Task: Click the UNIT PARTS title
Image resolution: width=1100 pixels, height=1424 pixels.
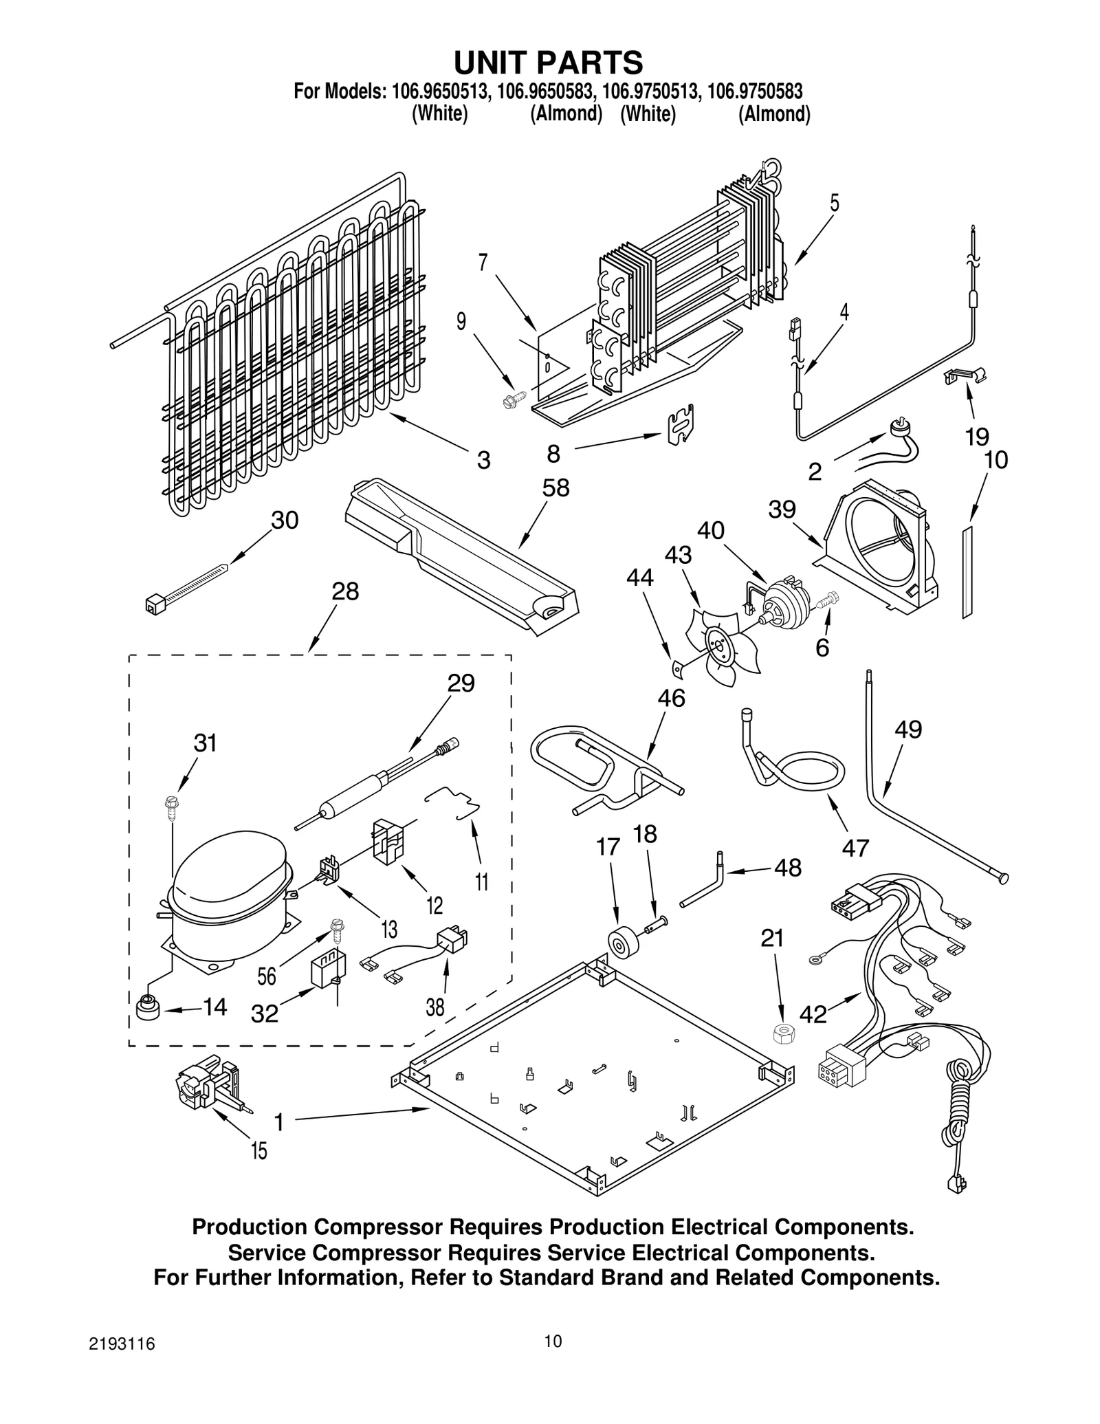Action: pos(548,63)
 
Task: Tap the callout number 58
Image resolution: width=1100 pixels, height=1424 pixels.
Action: pos(555,488)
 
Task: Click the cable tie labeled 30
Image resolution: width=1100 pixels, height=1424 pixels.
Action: pos(186,584)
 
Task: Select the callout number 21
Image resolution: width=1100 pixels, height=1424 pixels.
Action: pos(772,938)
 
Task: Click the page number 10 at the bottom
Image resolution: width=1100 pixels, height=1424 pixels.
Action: pos(553,1360)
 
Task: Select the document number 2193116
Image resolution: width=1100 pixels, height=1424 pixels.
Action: pos(122,1363)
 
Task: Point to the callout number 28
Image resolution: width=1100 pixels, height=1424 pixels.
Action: pos(345,591)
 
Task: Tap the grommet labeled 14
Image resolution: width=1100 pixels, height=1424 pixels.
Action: pos(148,1009)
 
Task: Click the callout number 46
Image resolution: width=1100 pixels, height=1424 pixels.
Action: pos(671,698)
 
